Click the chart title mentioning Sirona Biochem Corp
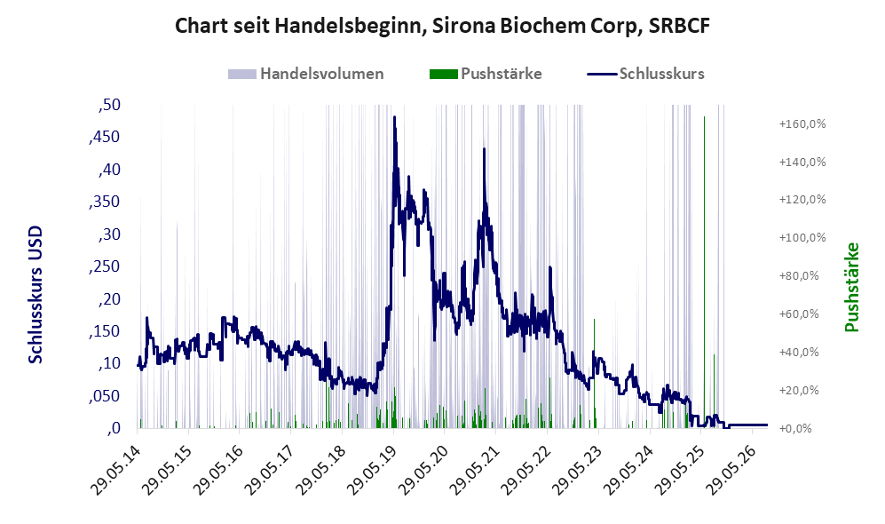click(442, 26)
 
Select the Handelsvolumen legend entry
click(306, 74)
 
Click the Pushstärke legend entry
click(486, 74)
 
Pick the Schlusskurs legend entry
click(645, 74)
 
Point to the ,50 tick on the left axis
click(109, 105)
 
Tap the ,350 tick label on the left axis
click(105, 202)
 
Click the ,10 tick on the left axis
click(109, 363)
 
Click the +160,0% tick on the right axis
click(802, 123)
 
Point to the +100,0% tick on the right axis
click(802, 238)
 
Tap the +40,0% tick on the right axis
click(799, 353)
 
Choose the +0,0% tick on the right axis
click(795, 429)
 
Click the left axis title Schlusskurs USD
click(35, 294)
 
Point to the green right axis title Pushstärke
click(851, 287)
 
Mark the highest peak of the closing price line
click(394, 117)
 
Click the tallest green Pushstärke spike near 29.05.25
click(704, 272)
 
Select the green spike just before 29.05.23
click(595, 373)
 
